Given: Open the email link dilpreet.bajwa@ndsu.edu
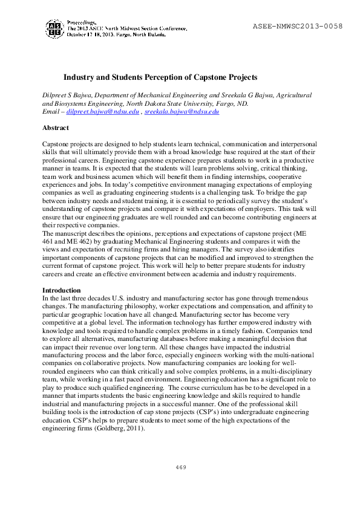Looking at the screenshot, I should [102, 112].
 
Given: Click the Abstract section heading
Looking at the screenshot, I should [56, 128].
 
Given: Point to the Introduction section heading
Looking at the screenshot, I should [61, 290].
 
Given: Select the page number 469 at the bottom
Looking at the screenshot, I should [180, 467].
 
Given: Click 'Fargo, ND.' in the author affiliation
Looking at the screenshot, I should [231, 103].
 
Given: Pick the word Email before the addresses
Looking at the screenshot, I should [51, 112].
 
